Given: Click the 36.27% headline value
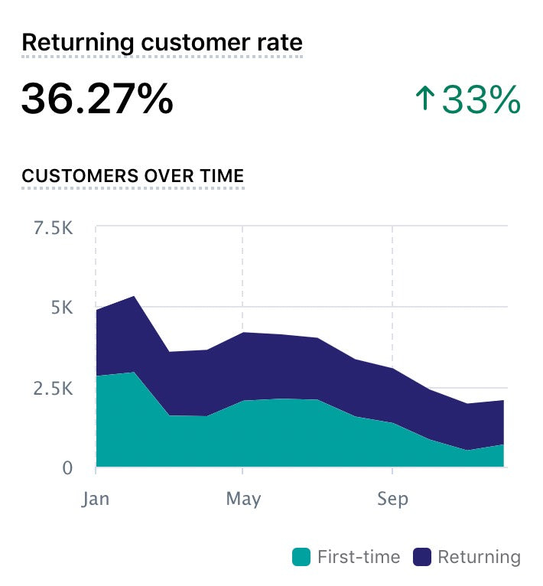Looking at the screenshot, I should coord(97,99).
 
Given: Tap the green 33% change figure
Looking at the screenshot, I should coord(482,100).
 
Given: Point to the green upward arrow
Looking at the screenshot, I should coord(424,100).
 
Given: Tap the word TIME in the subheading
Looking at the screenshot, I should coord(219,176).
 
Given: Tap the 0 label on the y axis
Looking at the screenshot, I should coord(67,467).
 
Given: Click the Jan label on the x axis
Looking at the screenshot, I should coord(96,500).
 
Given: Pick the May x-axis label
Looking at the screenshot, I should coord(243,500).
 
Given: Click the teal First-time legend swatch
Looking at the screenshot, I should coord(301,557).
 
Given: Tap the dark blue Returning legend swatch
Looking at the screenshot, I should coord(421,557).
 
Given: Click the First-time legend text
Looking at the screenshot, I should coord(358,557).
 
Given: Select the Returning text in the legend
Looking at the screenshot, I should coord(479,557).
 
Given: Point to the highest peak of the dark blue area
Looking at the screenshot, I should coord(134,297).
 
